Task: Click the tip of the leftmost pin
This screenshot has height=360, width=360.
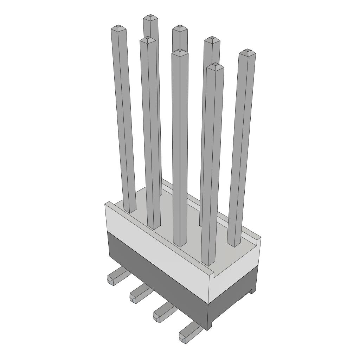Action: pyautogui.click(x=118, y=27)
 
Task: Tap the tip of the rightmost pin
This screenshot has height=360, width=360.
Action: pyautogui.click(x=247, y=52)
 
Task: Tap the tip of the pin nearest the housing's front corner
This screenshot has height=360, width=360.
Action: pyautogui.click(x=215, y=66)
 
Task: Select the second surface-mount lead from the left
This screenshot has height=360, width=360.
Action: pyautogui.click(x=139, y=294)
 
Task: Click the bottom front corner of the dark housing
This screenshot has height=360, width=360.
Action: pyautogui.click(x=208, y=329)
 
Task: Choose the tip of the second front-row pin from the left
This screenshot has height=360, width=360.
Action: pyautogui.click(x=148, y=39)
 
